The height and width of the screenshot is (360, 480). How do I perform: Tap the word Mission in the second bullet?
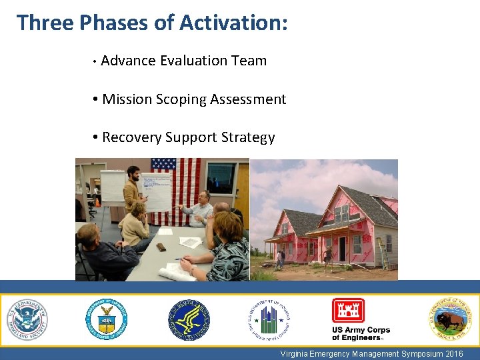[127, 99]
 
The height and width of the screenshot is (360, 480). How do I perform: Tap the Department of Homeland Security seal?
[27, 319]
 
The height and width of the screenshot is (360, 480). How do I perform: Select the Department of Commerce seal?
[107, 319]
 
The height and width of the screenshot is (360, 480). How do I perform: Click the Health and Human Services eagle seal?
[188, 319]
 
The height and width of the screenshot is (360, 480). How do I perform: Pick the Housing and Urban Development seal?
[269, 319]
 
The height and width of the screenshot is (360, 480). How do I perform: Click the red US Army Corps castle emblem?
[348, 311]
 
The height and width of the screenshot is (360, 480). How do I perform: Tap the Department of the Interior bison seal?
[449, 319]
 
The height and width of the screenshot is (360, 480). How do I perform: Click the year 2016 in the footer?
[453, 353]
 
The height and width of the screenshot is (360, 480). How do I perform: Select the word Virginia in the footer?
[295, 353]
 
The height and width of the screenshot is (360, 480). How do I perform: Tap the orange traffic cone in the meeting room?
[97, 201]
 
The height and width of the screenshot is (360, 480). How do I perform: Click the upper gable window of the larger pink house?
[341, 213]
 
